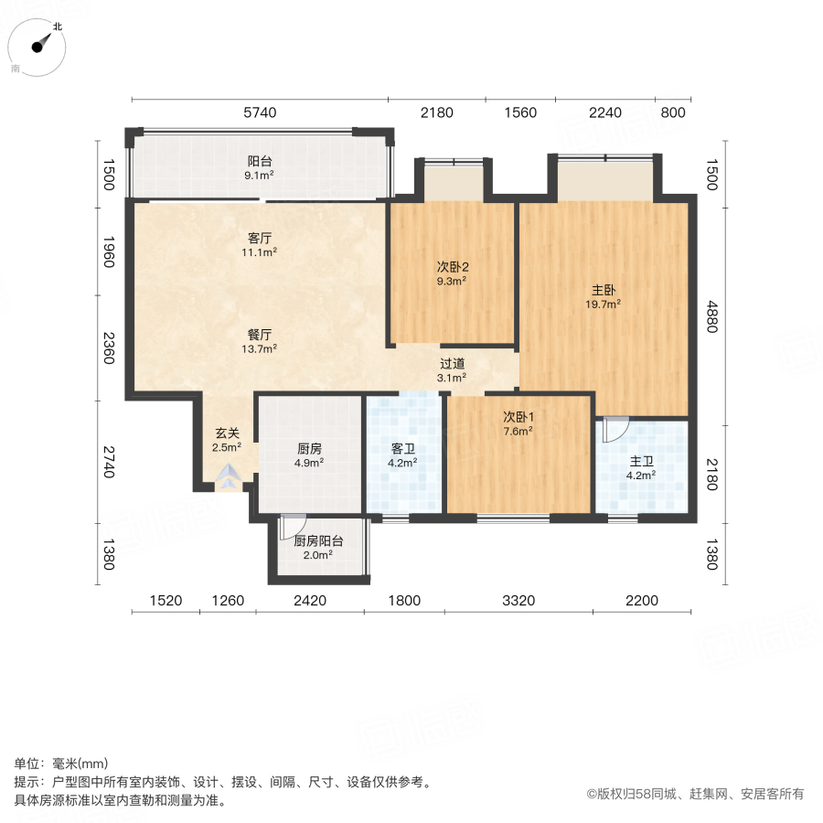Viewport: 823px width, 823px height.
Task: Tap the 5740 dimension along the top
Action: (x=258, y=112)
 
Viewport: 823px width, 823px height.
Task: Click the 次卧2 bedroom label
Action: (x=451, y=273)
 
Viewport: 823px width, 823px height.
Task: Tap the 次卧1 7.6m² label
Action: (x=518, y=422)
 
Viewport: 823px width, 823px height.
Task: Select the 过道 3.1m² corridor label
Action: (x=452, y=369)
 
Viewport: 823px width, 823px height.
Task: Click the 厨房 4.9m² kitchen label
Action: (x=309, y=454)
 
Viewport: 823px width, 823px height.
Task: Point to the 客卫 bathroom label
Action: (x=403, y=454)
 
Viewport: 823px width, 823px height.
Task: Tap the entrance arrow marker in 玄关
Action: (x=229, y=475)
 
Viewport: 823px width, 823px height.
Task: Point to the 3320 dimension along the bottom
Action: (x=518, y=601)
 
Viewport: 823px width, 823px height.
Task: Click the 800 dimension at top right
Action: (x=672, y=112)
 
